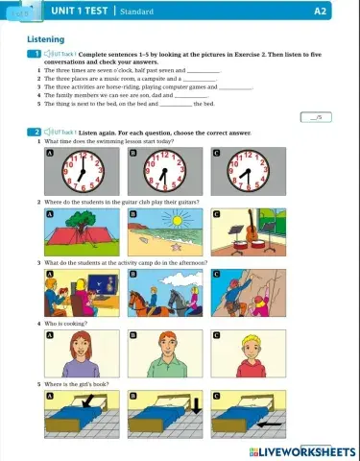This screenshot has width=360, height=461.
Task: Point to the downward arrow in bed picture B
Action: [x=197, y=403]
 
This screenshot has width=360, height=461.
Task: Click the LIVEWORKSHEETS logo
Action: [x=302, y=451]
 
